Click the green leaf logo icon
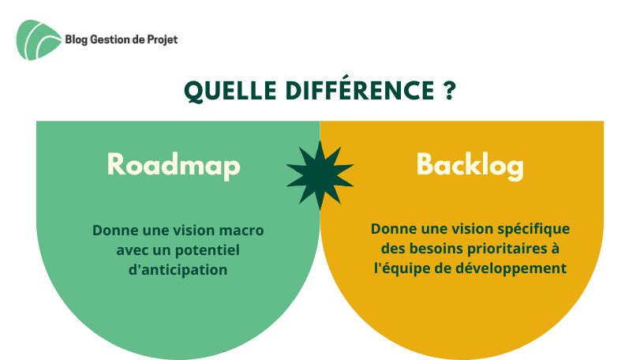coord(38,40)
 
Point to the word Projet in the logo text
coord(163,40)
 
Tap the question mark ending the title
coord(449,90)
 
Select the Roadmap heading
coord(174,165)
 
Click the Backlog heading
coord(470,165)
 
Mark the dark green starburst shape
coord(320,175)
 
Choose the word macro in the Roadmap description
coord(241,231)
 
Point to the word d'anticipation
coord(178,270)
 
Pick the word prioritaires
coord(507,249)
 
